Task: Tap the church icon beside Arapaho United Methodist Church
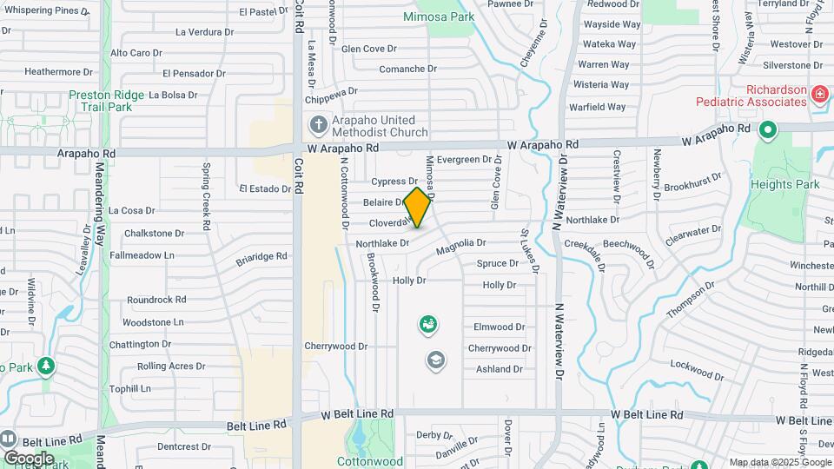(x=317, y=125)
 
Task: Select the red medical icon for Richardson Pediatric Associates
(x=817, y=94)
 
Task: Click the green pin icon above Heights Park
(x=767, y=131)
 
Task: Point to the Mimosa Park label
(x=439, y=17)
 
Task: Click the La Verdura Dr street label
(x=205, y=32)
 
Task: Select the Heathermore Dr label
(x=58, y=72)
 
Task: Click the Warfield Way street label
(x=597, y=107)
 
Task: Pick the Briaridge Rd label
(x=261, y=257)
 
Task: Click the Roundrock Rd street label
(x=156, y=300)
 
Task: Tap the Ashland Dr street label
(x=500, y=369)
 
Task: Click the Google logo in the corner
(x=28, y=458)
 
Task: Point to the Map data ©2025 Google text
(x=779, y=462)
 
